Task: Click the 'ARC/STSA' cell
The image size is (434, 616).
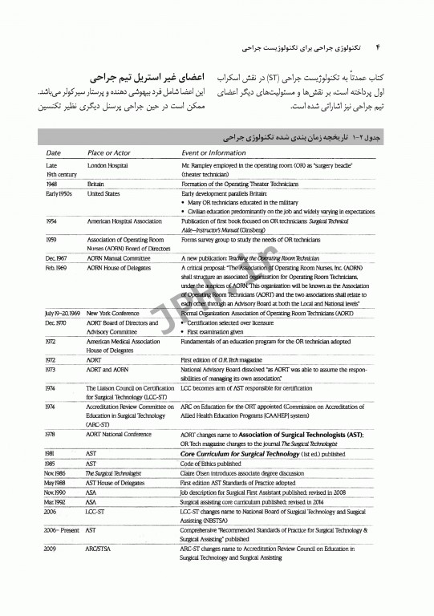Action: [99, 549]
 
